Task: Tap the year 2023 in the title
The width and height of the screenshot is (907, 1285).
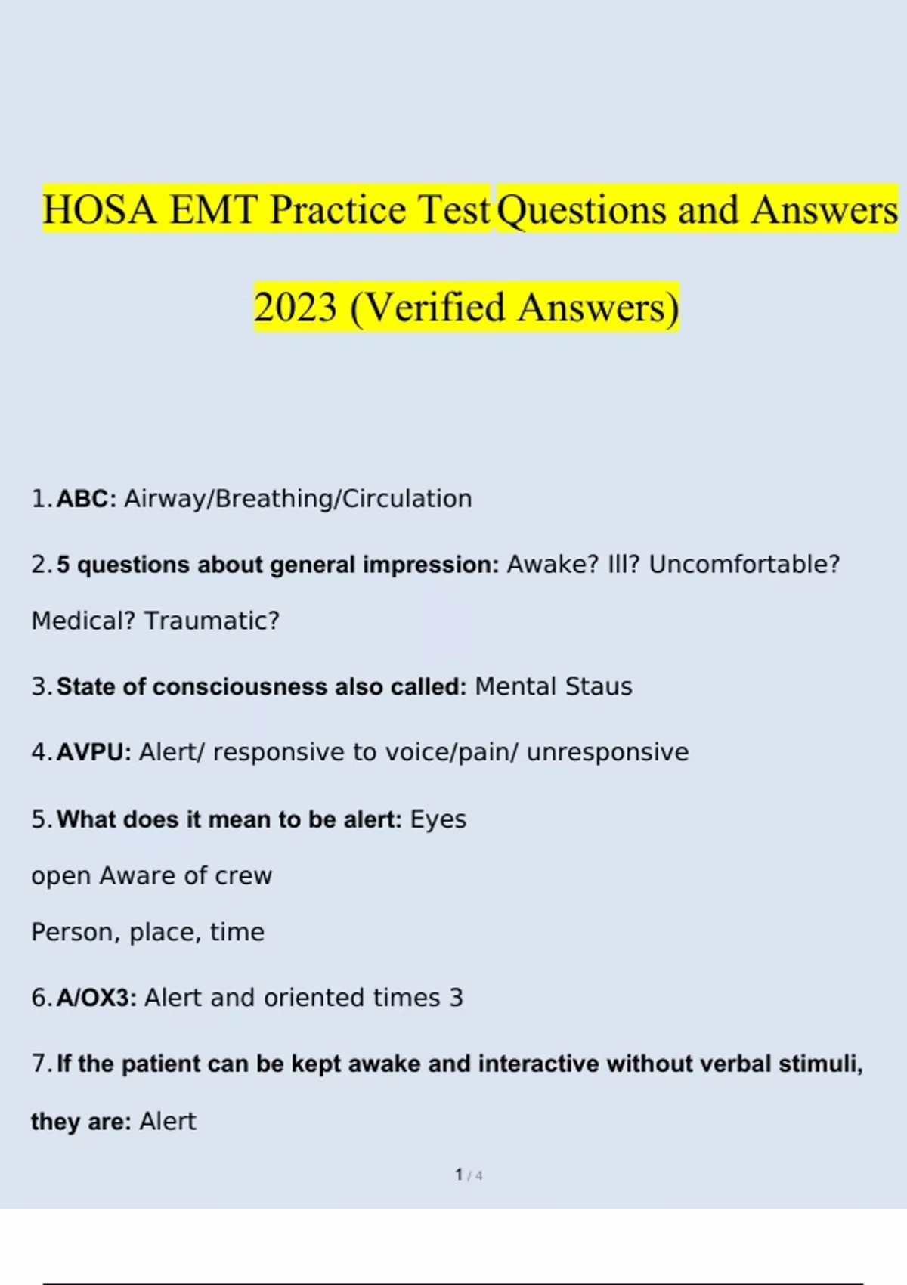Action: tap(296, 308)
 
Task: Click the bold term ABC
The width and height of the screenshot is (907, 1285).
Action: tap(87, 499)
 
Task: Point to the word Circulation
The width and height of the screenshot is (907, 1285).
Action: tap(407, 499)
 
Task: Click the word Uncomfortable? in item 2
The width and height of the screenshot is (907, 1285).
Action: tap(744, 565)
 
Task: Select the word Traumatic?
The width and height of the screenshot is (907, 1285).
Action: tap(212, 621)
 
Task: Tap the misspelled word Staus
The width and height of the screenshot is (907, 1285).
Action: tap(599, 686)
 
